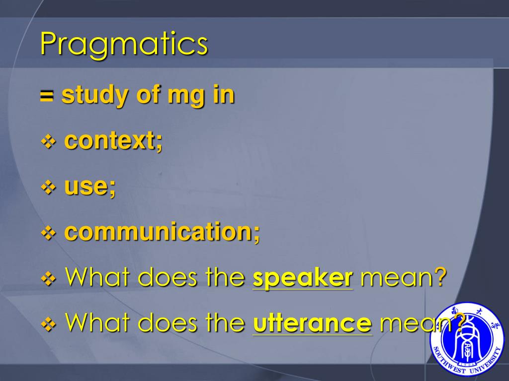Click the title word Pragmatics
click(x=124, y=45)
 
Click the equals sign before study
click(x=47, y=96)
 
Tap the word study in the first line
click(x=93, y=96)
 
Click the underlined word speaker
click(x=303, y=278)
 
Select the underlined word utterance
click(x=312, y=323)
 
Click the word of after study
click(x=147, y=96)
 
